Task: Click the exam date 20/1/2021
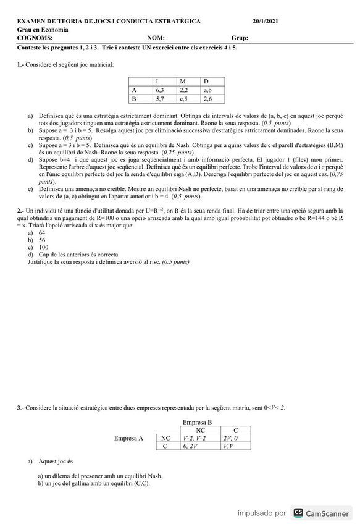[266, 22]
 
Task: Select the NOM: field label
[156, 38]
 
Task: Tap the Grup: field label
[240, 38]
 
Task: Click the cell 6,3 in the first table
[160, 90]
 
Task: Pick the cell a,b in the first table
[207, 90]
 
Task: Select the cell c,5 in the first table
[183, 99]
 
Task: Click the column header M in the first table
[182, 82]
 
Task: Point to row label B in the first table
[134, 99]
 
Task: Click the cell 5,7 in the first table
[160, 99]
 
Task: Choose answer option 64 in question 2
[42, 233]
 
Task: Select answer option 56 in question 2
[42, 240]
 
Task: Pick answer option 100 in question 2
[43, 247]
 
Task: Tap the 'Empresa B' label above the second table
[197, 422]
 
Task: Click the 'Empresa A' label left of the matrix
[128, 438]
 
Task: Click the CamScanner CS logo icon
[298, 513]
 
